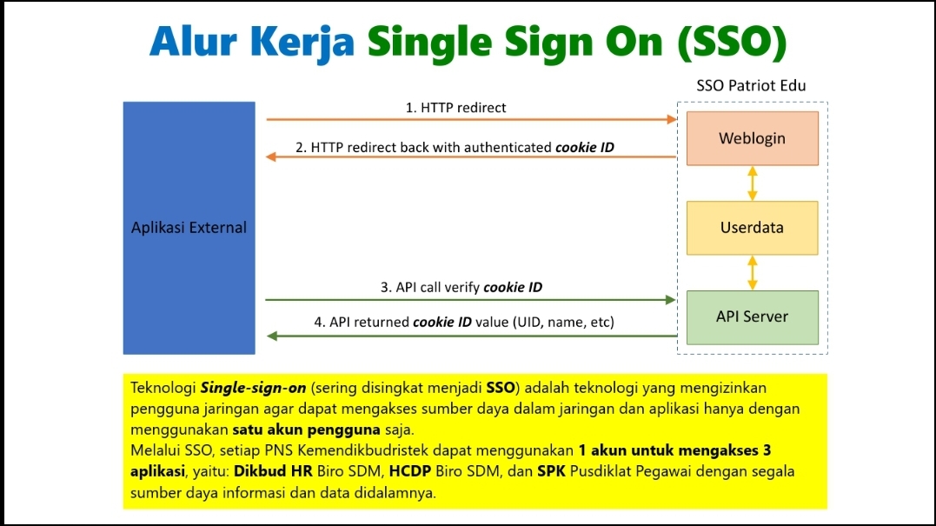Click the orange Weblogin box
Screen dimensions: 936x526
pos(752,138)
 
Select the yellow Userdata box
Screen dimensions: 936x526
pos(752,228)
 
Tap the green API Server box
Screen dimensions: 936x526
pos(752,317)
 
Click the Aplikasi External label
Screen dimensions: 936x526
pos(189,228)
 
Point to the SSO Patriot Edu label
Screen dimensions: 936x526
pos(751,85)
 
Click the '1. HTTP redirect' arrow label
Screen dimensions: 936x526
pos(455,108)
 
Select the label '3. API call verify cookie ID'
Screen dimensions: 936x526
pos(461,287)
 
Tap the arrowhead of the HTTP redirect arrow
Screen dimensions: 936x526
pos(672,119)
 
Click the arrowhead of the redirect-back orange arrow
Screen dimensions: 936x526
pos(271,156)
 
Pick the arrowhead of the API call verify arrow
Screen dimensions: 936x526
pos(670,300)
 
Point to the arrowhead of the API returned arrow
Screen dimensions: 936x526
pos(272,336)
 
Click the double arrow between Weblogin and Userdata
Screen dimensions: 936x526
pos(752,183)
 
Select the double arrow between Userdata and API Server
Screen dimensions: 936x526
pos(752,273)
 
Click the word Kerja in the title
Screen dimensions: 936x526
pos(302,43)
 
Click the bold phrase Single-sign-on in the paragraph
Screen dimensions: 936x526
pos(253,388)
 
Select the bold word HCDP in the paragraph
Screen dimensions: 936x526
pos(410,471)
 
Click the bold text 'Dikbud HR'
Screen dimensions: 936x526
pos(273,471)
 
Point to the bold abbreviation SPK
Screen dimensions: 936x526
pos(552,471)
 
